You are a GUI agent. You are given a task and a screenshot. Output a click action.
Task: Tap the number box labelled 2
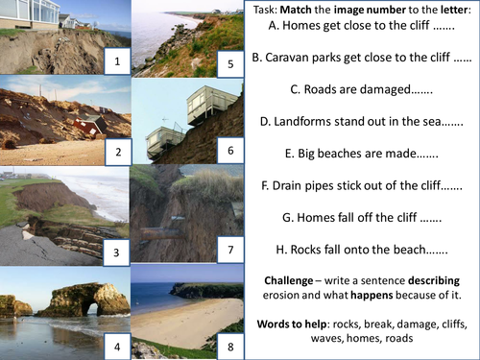(116, 152)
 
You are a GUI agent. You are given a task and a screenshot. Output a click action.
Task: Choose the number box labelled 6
(228, 152)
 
